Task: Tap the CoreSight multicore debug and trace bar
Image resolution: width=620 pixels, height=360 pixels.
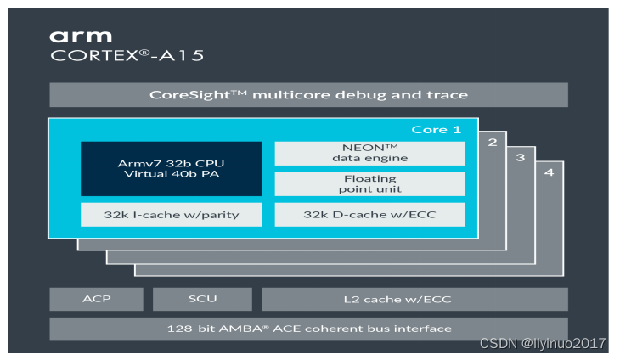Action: (308, 94)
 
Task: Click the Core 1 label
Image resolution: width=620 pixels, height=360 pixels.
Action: (436, 129)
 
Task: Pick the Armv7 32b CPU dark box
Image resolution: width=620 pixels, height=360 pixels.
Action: (171, 169)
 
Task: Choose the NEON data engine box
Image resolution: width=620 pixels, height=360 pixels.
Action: (369, 153)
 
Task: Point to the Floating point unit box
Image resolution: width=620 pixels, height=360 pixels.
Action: (369, 184)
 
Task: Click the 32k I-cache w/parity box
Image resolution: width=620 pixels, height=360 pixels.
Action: (171, 215)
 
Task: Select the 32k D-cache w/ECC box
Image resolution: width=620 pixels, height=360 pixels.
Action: (369, 215)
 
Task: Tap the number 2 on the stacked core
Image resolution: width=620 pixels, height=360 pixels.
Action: (492, 142)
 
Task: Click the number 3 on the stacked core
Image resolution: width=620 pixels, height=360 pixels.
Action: (520, 157)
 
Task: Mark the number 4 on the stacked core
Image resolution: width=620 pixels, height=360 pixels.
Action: (549, 172)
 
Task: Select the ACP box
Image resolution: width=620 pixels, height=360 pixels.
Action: (96, 299)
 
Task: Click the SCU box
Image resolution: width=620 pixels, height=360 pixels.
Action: (202, 299)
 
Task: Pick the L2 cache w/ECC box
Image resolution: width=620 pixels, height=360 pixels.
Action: (414, 299)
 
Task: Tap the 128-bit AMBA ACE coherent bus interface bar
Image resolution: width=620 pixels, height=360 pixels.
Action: (308, 329)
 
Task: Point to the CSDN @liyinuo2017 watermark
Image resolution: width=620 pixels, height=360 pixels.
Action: (543, 343)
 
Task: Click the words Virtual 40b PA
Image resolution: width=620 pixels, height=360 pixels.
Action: (171, 175)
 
